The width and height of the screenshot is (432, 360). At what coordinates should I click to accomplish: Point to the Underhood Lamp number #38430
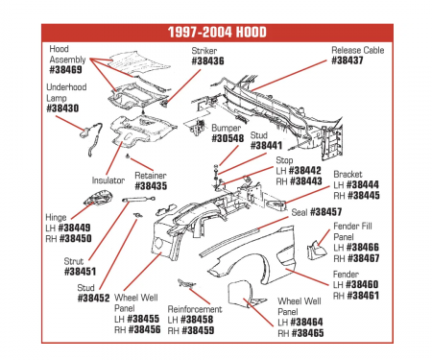point(62,108)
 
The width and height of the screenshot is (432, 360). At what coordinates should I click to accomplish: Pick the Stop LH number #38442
point(304,169)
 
